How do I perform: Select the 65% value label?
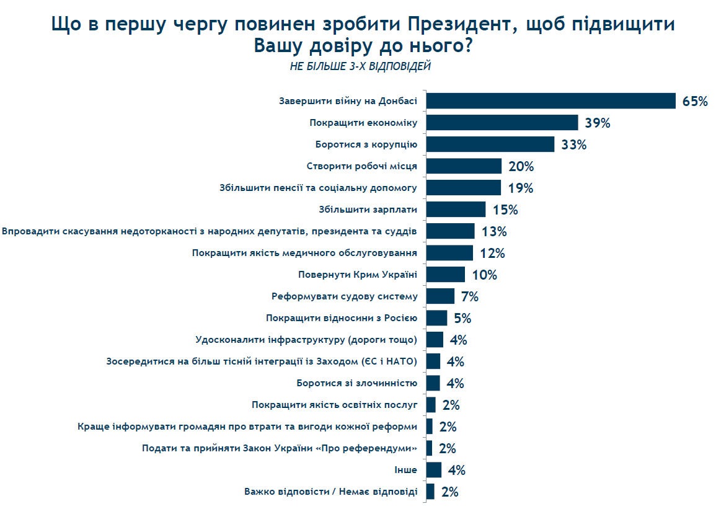point(695,102)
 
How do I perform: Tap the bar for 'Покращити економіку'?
point(502,123)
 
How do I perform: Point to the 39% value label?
point(598,123)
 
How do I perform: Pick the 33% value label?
point(573,145)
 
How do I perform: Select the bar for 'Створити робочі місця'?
point(464,166)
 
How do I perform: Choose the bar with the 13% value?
point(451,231)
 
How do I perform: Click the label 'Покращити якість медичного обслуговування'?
point(304,253)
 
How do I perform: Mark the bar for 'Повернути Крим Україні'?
point(446,275)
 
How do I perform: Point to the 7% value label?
point(469,297)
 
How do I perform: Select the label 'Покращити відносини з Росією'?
point(342,318)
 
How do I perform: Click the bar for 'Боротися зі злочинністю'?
point(433,383)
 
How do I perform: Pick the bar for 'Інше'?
point(434,470)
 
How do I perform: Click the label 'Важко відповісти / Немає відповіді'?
point(330,492)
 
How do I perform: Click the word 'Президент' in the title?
point(453,25)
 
